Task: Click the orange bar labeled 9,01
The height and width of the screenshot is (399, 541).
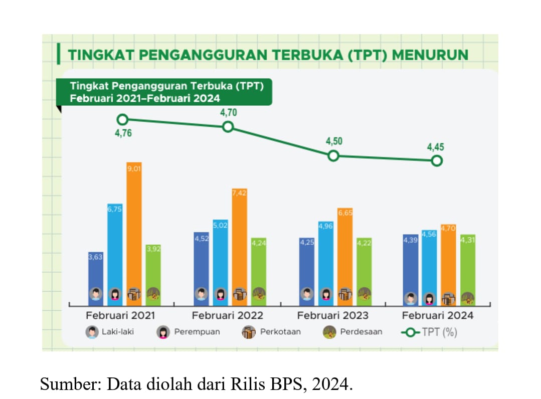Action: click(134, 231)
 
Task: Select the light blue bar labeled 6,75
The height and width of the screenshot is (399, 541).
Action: click(115, 251)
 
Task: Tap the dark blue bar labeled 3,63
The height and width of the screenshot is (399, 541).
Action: click(96, 276)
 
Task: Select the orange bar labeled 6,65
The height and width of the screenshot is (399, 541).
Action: click(345, 253)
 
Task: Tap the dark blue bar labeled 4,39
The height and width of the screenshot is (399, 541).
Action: click(411, 268)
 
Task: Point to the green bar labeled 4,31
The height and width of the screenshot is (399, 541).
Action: click(467, 268)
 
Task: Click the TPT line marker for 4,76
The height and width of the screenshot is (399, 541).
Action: click(122, 119)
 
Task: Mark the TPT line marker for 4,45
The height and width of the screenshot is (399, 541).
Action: click(437, 161)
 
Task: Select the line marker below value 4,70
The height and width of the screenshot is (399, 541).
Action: click(228, 126)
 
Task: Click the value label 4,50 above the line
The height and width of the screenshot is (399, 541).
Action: click(334, 141)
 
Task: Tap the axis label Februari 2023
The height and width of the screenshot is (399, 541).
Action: click(332, 316)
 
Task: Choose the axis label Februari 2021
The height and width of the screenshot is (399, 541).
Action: click(120, 316)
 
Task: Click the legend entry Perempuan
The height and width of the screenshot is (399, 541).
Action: click(197, 332)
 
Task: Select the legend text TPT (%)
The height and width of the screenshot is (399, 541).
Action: click(439, 332)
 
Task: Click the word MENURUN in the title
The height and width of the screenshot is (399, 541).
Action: click(430, 55)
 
